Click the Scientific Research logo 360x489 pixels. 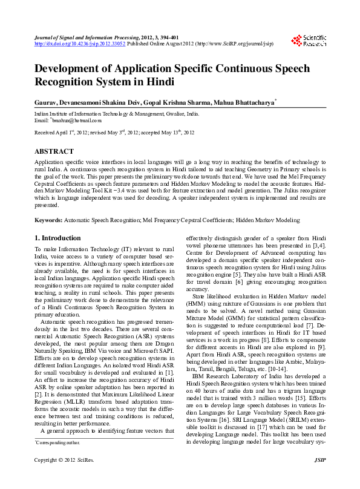309,41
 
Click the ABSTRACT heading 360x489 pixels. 54,151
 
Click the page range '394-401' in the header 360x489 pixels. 168,38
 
